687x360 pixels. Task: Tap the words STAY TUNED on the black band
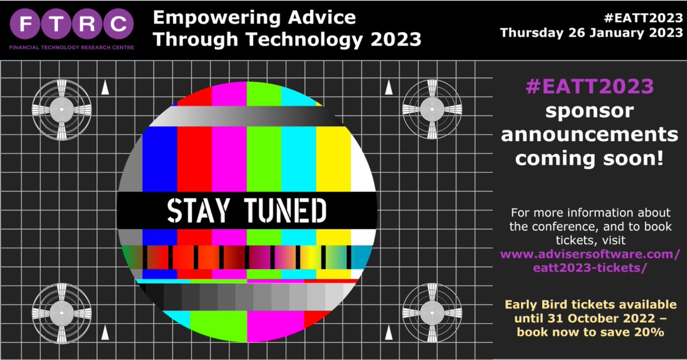[247, 210]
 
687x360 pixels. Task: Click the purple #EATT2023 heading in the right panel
[589, 86]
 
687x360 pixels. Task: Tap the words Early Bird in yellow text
[538, 304]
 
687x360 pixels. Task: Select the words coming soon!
[590, 158]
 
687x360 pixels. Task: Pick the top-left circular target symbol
[60, 107]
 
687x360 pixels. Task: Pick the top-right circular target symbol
[430, 107]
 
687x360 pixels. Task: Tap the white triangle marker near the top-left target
[105, 88]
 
